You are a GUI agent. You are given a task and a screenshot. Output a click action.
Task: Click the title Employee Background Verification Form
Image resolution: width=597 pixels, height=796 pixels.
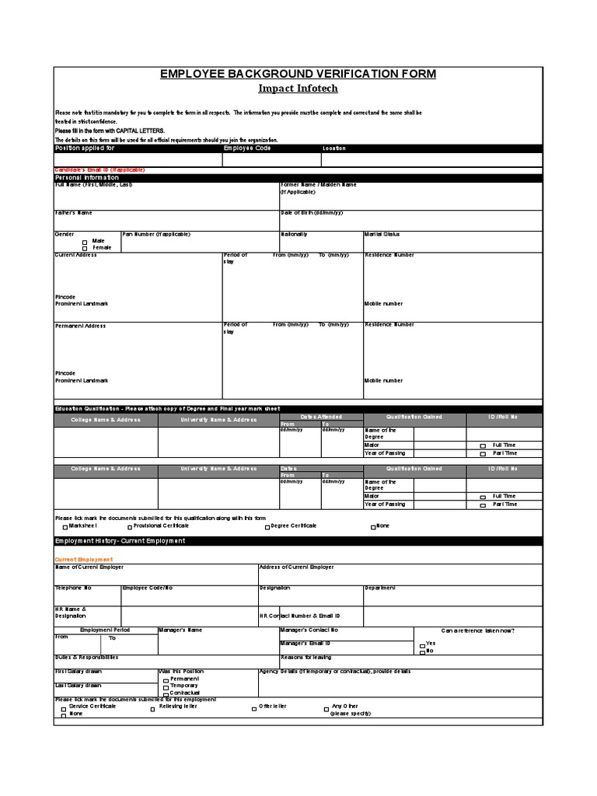coord(298,74)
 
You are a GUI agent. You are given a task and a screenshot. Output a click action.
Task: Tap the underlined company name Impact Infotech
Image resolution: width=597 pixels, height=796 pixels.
coord(298,89)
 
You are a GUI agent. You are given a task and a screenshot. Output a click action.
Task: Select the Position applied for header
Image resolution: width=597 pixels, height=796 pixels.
coord(85,148)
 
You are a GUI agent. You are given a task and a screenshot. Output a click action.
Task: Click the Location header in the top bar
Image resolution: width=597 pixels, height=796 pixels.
coord(334,148)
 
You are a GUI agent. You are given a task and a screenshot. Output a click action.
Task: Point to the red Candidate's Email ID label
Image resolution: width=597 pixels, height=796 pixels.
coord(99,169)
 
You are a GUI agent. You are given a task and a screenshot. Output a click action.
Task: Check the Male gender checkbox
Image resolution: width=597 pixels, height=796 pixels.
coord(86,242)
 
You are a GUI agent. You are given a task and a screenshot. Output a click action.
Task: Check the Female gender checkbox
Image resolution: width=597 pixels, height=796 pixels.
coord(86,248)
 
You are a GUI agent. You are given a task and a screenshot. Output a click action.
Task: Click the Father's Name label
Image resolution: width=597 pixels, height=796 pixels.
coord(74,212)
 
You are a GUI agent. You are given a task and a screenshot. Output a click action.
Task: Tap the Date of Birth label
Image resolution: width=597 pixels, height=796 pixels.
coord(311,212)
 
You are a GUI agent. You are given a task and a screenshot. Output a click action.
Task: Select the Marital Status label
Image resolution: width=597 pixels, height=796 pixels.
coord(382,234)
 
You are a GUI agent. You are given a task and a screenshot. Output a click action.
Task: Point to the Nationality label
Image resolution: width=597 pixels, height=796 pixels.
coord(294,234)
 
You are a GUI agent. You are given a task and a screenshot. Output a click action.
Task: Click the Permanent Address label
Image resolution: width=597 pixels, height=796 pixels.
coord(80,326)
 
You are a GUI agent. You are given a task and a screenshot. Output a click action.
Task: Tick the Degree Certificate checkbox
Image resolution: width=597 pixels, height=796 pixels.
coord(267,527)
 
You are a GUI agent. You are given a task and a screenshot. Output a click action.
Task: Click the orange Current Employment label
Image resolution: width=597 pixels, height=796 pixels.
coord(83,559)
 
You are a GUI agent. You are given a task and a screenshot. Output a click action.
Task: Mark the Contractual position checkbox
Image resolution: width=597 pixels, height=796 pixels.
coord(165,693)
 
